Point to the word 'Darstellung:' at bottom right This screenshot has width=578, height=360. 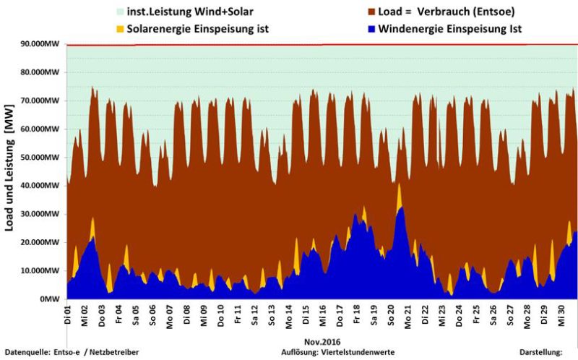(x=540, y=352)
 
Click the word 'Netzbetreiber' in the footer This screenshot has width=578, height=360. (x=113, y=352)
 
